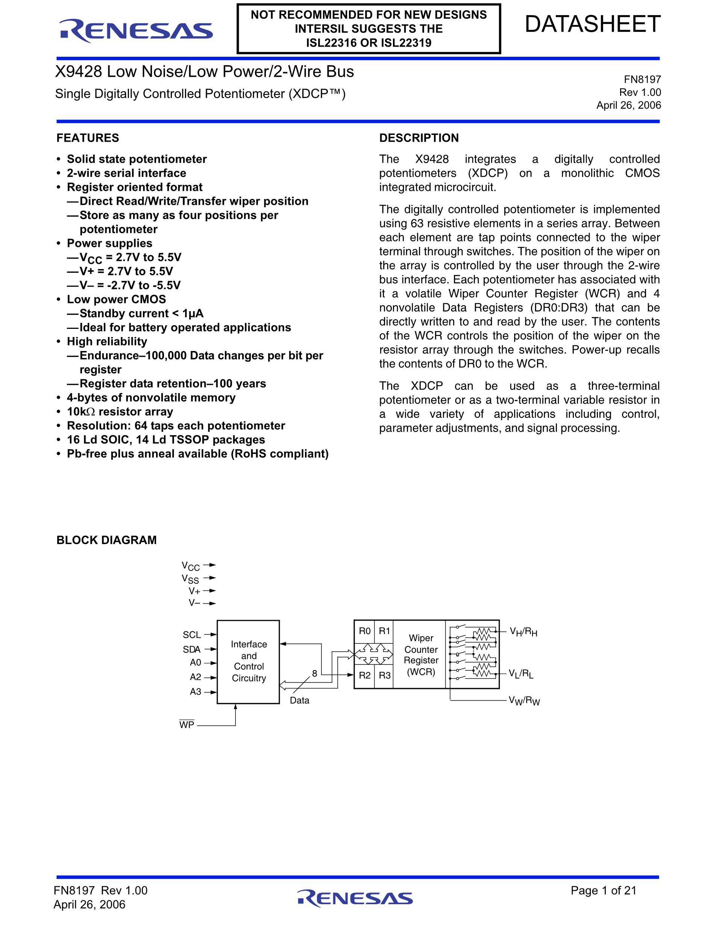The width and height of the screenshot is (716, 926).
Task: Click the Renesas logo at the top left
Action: (x=136, y=31)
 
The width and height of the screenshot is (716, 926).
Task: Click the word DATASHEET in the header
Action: (x=593, y=24)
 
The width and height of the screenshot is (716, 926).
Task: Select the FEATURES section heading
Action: (x=88, y=138)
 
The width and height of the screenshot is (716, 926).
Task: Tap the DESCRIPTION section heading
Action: (x=419, y=138)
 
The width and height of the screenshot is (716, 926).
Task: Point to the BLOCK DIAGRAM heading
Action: (x=106, y=540)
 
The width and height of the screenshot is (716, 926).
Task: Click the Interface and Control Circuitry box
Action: (x=249, y=661)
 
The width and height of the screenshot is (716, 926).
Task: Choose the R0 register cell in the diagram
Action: (x=364, y=631)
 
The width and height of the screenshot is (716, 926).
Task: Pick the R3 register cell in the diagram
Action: (x=384, y=675)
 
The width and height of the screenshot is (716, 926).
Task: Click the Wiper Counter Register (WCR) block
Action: (x=421, y=655)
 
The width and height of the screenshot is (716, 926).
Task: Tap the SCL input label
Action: (x=192, y=635)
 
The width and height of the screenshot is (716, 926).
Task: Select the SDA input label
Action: (x=192, y=649)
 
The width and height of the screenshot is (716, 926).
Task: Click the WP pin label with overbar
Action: (x=187, y=725)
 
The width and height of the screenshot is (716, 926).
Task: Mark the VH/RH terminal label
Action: (x=523, y=632)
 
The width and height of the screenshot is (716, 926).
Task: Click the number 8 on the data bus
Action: (x=314, y=673)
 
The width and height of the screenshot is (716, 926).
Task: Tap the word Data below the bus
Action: (x=299, y=701)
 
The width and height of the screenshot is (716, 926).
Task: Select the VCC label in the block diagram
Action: (x=190, y=566)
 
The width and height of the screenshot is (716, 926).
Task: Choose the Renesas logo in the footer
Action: (x=355, y=897)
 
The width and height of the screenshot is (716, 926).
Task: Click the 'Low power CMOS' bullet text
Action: (x=116, y=300)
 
